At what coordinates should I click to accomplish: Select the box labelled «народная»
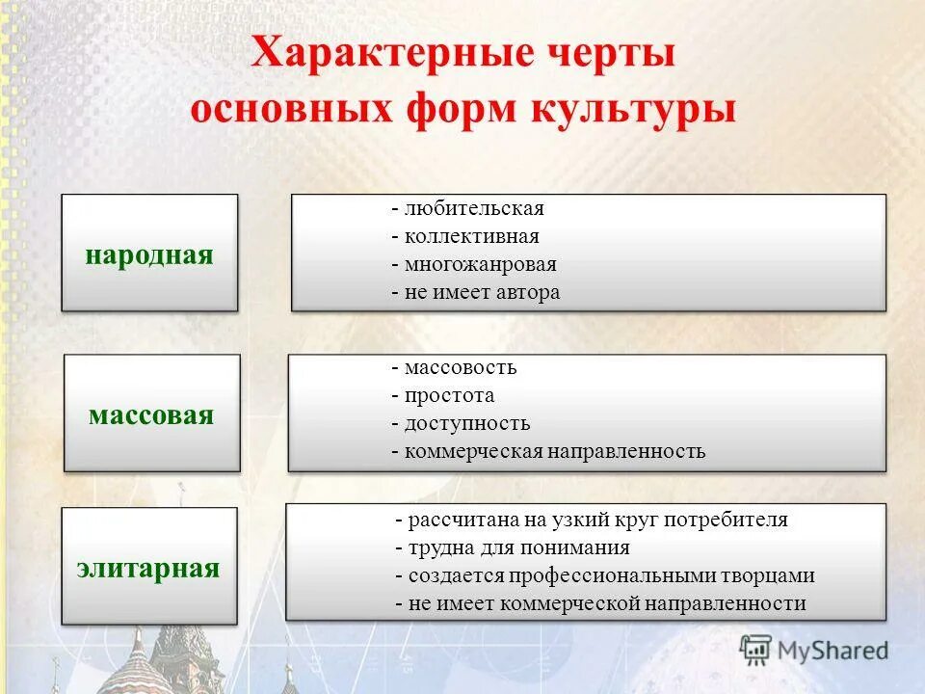[x=149, y=254]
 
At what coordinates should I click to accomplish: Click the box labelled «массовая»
[x=151, y=414]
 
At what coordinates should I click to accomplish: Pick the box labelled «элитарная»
[x=148, y=566]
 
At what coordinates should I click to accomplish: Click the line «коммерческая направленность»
[x=554, y=451]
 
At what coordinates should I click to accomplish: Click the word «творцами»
[x=768, y=575]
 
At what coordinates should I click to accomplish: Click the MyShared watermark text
[x=833, y=651]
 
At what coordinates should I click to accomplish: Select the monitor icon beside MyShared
[x=756, y=651]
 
